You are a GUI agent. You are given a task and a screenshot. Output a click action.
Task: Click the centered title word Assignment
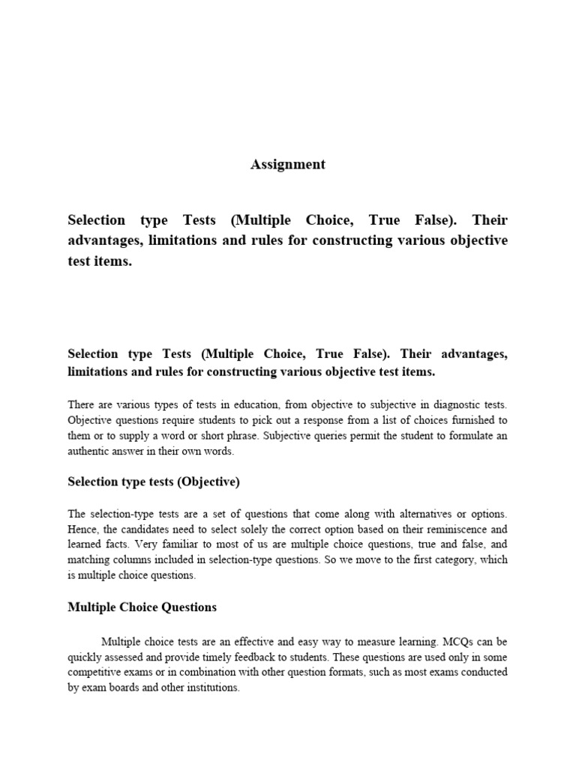click(288, 165)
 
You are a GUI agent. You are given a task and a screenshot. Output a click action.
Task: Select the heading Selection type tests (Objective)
click(154, 482)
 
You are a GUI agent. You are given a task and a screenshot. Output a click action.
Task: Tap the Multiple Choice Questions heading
click(142, 607)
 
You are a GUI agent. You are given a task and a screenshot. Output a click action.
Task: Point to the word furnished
click(466, 419)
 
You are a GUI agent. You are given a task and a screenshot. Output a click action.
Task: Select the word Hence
click(83, 529)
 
